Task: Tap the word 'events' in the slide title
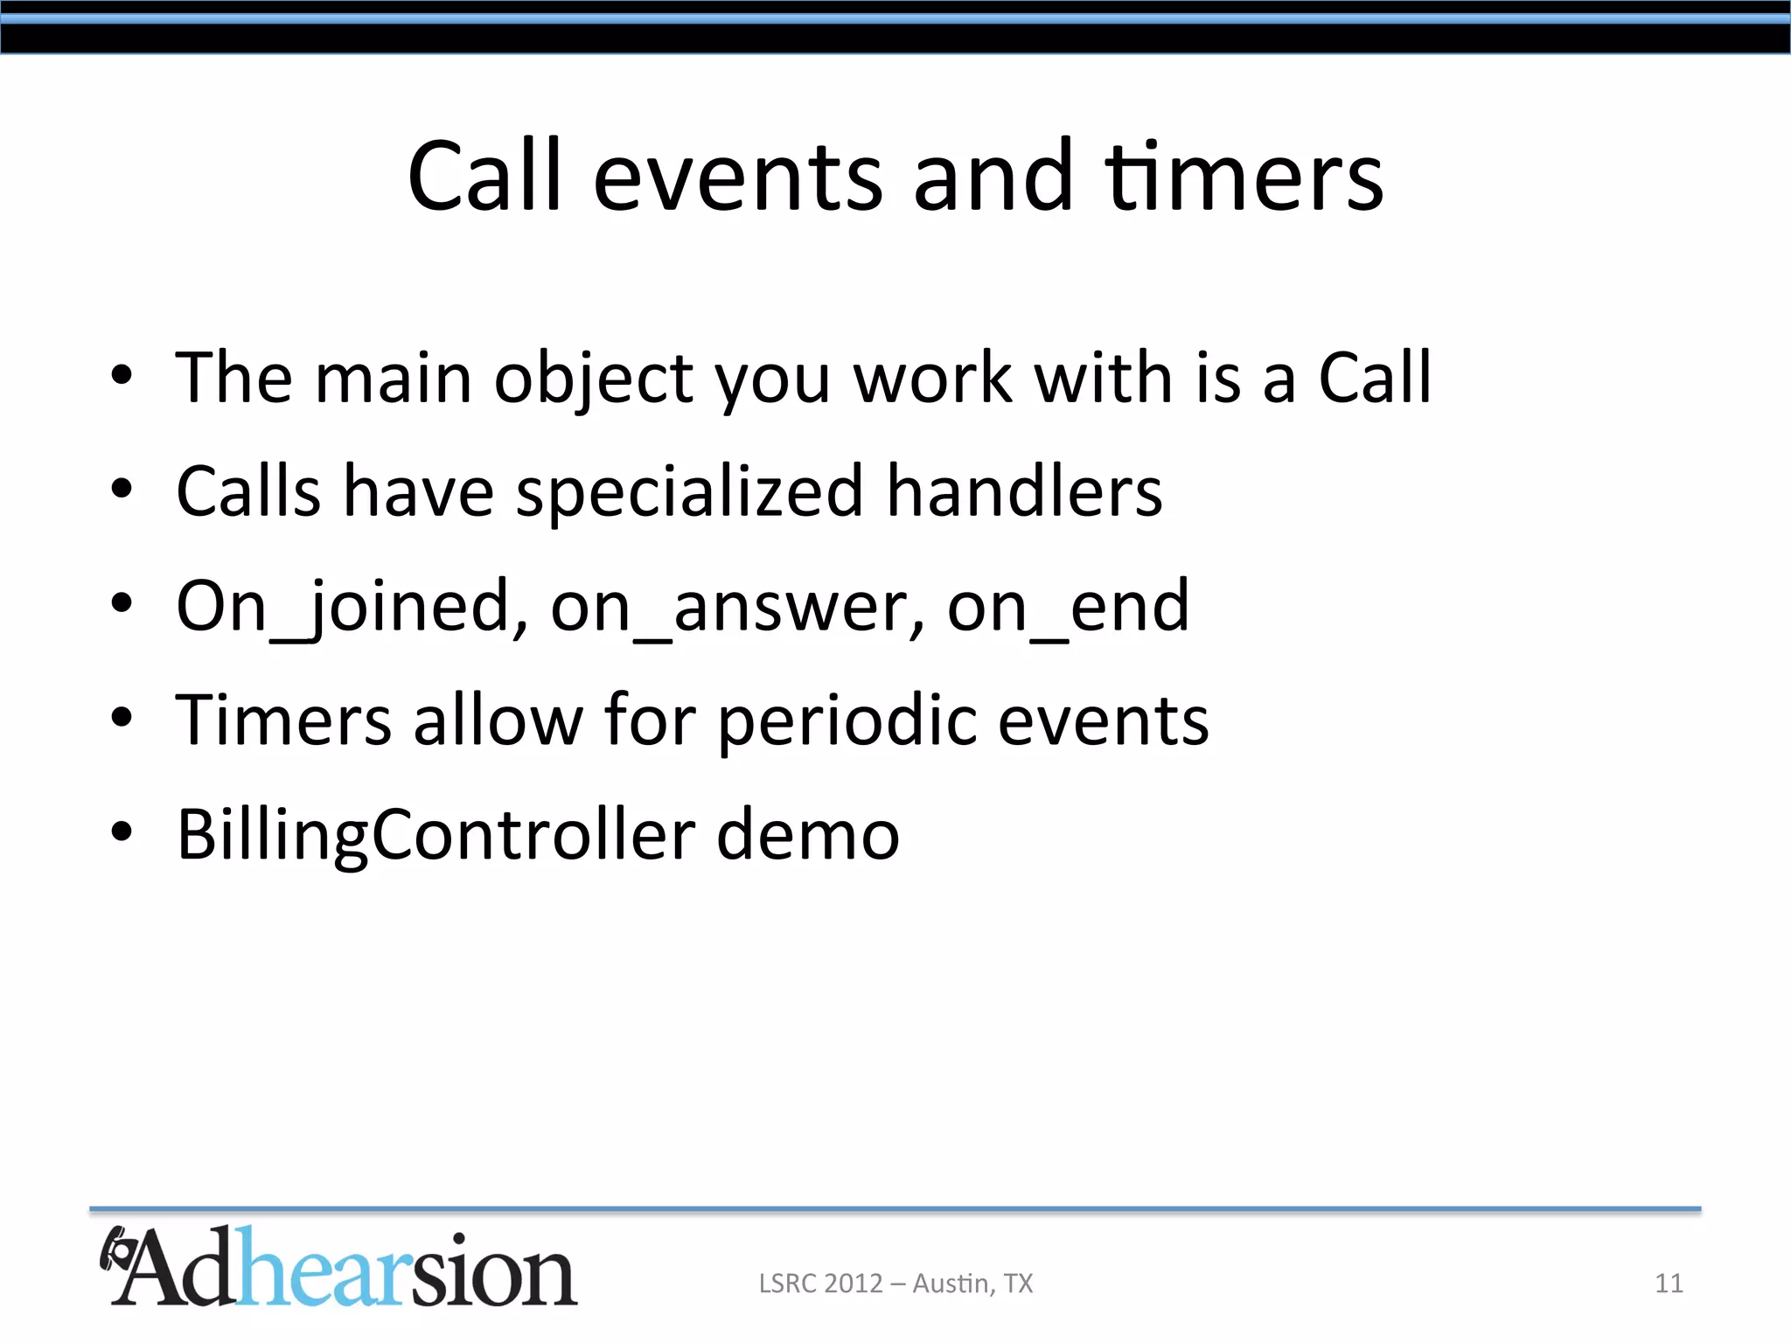[x=737, y=179]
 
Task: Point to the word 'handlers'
[x=1024, y=491]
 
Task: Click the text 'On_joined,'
[x=352, y=607]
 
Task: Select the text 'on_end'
[x=1068, y=607]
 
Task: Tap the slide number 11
[x=1669, y=1283]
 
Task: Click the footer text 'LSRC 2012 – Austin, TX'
[x=895, y=1283]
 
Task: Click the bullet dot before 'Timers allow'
[x=122, y=718]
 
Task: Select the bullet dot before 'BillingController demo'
[x=122, y=832]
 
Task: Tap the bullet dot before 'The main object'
[x=122, y=376]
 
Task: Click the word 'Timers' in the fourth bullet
[x=283, y=720]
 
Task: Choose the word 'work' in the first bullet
[x=932, y=379]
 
